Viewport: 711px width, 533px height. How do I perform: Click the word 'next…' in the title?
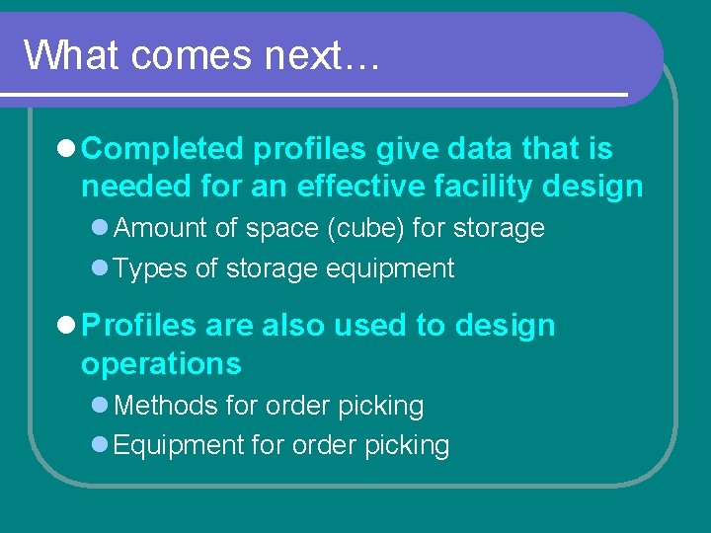[x=321, y=56]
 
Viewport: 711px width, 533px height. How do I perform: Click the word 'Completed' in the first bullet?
[x=162, y=149]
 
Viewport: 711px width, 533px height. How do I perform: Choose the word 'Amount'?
[x=161, y=228]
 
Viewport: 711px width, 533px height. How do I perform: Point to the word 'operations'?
[x=161, y=364]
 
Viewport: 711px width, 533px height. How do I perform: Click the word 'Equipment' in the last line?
[x=179, y=446]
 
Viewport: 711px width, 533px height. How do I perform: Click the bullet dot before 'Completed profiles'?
[x=66, y=150]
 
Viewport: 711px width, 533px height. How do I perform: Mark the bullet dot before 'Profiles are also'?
[x=66, y=326]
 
